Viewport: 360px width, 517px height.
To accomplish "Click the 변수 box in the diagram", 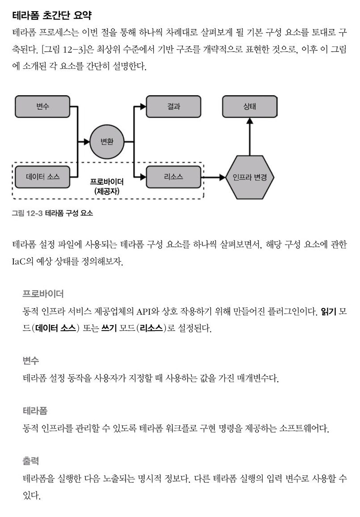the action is click(x=42, y=106).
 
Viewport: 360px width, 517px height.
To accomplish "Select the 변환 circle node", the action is click(x=107, y=142).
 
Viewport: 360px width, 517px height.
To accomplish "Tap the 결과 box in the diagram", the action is click(x=174, y=106).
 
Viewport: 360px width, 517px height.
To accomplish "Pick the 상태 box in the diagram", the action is click(x=250, y=106).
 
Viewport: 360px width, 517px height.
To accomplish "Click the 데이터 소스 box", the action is click(x=42, y=177).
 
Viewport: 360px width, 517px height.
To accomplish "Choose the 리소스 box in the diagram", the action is click(x=174, y=177).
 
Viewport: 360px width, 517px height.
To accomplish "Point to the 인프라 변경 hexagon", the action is click(x=250, y=178).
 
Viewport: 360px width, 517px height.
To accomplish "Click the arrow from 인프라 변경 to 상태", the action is click(x=250, y=136).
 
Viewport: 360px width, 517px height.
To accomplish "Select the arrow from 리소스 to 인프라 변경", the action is click(x=213, y=178).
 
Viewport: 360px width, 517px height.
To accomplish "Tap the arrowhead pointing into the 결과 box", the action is click(x=143, y=106).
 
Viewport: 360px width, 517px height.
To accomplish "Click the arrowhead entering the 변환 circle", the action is click(x=86, y=142).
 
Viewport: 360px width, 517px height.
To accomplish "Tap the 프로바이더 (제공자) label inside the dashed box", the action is click(x=107, y=186).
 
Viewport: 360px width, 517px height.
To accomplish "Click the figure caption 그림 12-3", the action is click(x=27, y=213).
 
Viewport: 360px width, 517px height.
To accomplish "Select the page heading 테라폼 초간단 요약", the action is click(x=52, y=15).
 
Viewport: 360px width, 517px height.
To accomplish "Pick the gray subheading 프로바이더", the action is click(x=43, y=293).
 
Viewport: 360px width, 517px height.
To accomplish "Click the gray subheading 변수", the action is click(x=31, y=360).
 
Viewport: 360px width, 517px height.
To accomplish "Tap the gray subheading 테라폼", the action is click(x=35, y=411).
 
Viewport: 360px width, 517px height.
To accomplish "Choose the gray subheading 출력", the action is click(x=31, y=461).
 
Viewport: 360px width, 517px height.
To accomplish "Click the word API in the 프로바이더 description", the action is click(x=144, y=311).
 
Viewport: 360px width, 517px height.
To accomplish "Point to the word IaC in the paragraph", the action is click(x=18, y=262).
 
